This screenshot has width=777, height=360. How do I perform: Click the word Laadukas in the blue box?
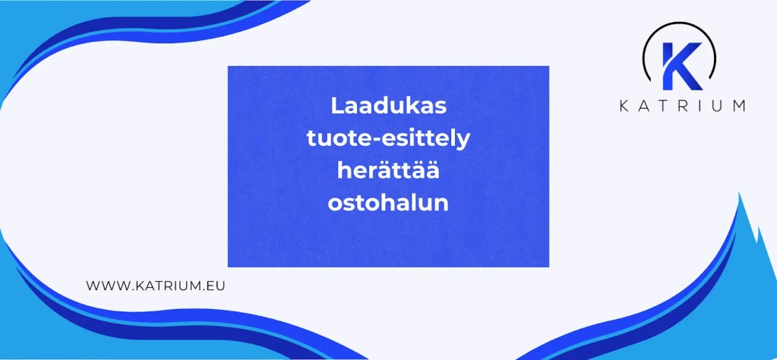click(x=388, y=106)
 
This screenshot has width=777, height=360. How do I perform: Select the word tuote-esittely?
click(x=388, y=139)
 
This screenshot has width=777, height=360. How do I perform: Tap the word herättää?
click(x=388, y=171)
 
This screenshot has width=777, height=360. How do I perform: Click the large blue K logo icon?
click(x=681, y=65)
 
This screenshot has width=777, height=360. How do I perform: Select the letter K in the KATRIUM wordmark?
click(x=623, y=106)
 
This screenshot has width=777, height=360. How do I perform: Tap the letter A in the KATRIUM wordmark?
click(x=643, y=106)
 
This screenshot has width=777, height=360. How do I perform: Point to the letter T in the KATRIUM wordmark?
click(x=662, y=106)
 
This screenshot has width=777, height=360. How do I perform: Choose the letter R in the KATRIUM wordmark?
click(x=681, y=106)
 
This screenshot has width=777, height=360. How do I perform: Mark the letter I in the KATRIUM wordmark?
click(x=697, y=106)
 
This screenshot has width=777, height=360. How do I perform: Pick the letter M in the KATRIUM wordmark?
click(x=737, y=106)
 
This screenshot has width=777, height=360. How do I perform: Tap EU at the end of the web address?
click(x=217, y=286)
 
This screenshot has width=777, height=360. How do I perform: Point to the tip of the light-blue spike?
click(x=739, y=193)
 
